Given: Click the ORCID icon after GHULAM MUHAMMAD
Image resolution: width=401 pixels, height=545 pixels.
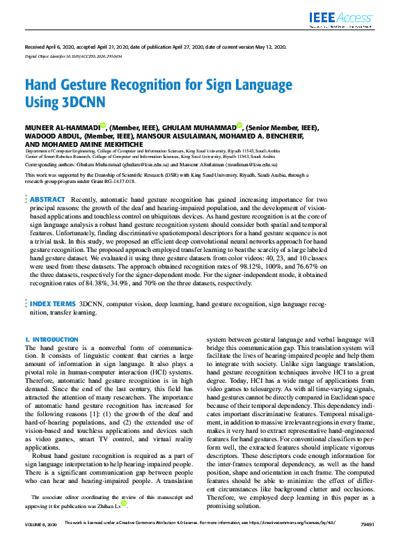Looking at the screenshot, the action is tap(239, 126).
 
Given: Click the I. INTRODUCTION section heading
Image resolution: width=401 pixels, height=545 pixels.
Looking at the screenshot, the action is tap(52, 339).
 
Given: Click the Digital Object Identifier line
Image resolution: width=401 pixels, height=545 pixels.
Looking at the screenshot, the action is tap(73, 56).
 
